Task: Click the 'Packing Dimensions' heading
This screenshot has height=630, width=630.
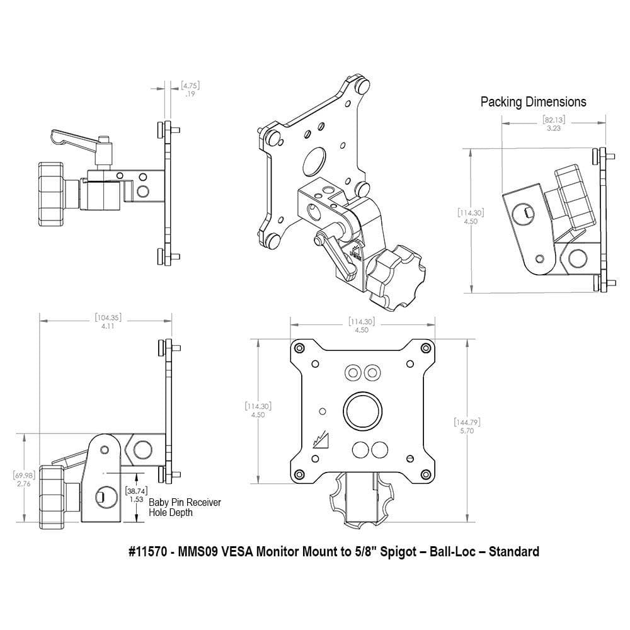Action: tap(533, 101)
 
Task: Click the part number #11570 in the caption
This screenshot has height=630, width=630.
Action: tap(147, 552)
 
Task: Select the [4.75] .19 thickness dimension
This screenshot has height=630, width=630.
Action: tap(190, 89)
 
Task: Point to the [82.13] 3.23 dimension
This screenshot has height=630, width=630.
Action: tap(554, 123)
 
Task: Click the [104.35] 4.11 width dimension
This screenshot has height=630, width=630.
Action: tap(108, 321)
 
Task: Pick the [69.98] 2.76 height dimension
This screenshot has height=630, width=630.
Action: tap(24, 479)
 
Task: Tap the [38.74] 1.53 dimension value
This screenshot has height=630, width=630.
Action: tap(137, 495)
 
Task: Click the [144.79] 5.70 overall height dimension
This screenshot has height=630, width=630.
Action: tap(467, 426)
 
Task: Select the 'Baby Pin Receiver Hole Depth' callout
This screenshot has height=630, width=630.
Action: tap(185, 507)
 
